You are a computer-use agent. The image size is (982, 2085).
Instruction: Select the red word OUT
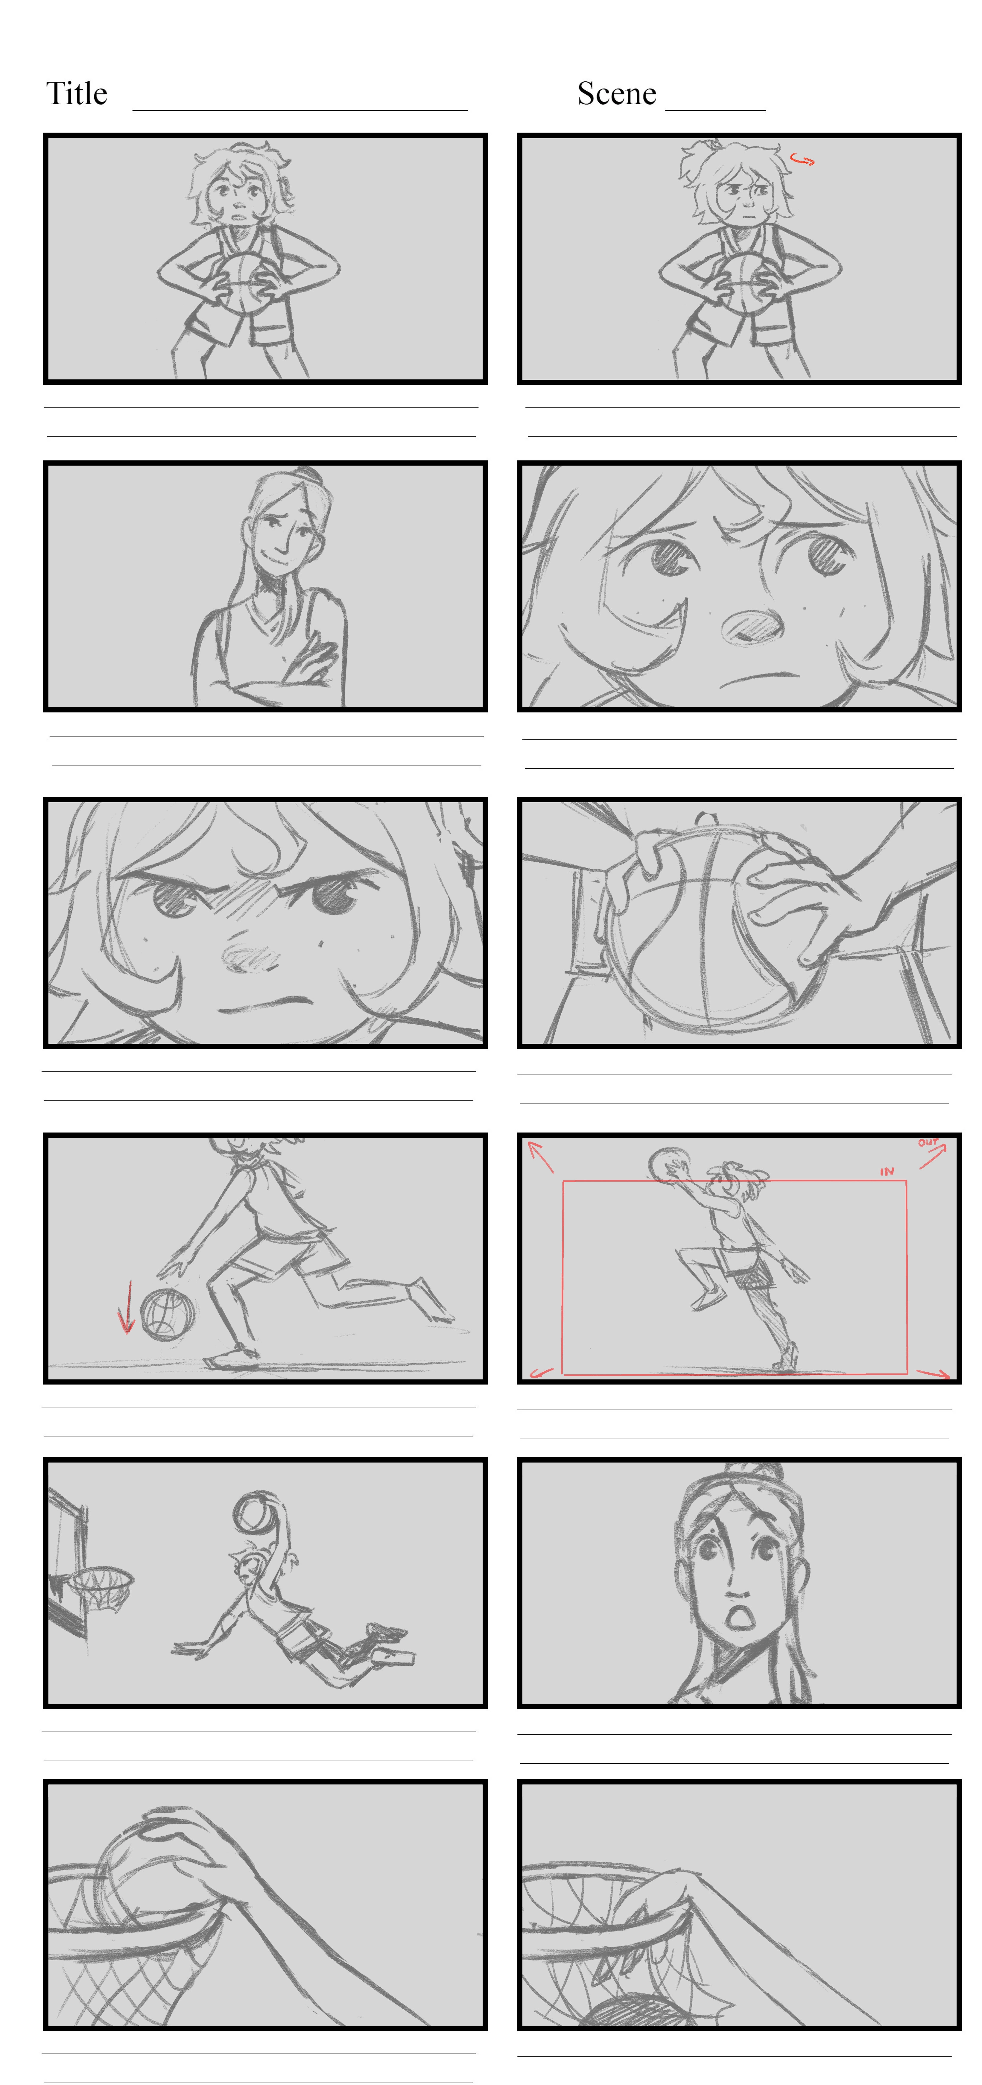click(x=928, y=1143)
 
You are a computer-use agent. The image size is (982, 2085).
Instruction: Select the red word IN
click(x=887, y=1171)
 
